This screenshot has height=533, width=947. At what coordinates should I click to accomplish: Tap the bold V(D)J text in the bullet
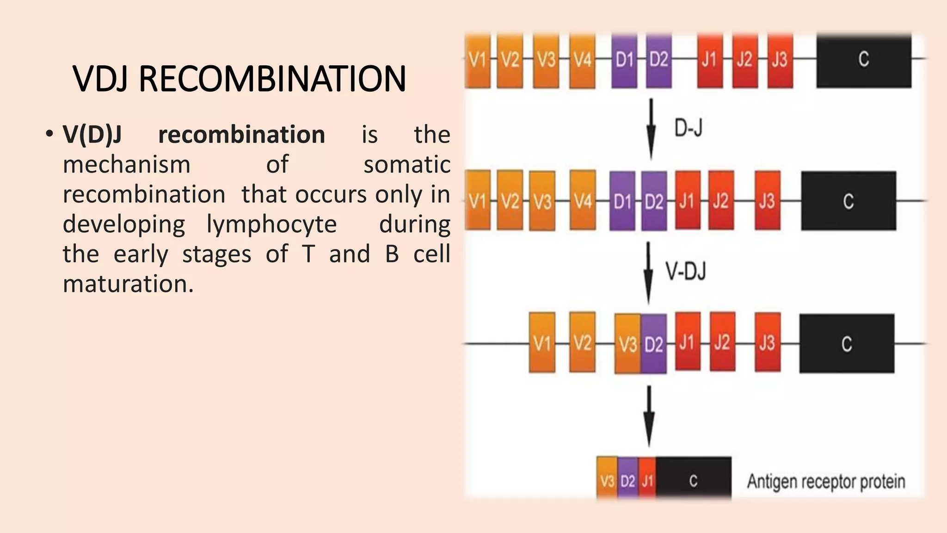point(92,135)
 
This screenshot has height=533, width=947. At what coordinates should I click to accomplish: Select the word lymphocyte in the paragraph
point(271,224)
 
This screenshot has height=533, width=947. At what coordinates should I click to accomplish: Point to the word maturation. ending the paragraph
point(128,284)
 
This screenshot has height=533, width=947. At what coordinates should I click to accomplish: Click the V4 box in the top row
point(582,60)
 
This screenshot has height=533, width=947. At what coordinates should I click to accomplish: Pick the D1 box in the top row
point(624,60)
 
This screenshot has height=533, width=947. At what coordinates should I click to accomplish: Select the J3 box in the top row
point(780,60)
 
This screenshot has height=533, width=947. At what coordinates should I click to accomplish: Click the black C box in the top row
point(863,60)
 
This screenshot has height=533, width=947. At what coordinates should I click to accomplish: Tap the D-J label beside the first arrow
point(689,128)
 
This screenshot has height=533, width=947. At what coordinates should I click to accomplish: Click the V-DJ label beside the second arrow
point(686,271)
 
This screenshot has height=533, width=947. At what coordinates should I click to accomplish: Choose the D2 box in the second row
point(654,201)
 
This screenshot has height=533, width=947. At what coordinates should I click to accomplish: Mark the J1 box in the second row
point(688,200)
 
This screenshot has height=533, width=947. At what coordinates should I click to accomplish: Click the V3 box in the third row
point(627,344)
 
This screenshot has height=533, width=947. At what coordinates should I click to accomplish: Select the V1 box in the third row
point(542,343)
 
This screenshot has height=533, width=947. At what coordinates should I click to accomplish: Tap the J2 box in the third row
point(722,342)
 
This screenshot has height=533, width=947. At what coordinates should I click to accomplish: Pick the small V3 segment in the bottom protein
point(607,481)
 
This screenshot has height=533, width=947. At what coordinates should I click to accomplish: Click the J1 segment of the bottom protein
point(647,481)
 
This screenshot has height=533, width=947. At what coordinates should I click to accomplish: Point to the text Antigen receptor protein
point(826,482)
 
